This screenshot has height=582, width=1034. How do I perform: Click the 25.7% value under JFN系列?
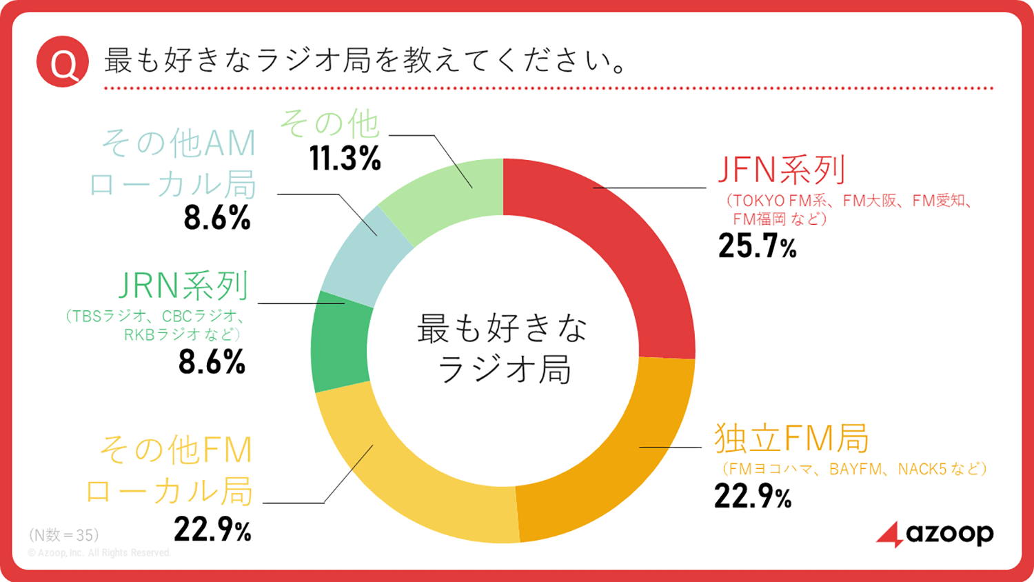pos(757,246)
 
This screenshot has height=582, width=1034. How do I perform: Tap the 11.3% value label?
pos(345,159)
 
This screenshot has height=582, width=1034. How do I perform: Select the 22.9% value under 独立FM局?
pos(753,496)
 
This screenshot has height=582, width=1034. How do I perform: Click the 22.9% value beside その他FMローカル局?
pos(212,530)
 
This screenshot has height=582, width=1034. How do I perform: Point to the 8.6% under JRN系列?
pos(212,363)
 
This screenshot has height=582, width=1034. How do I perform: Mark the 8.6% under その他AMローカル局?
pos(216,219)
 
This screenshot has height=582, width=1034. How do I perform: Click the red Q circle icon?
pos(63,62)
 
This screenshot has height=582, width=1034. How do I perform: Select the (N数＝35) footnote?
pos(64,535)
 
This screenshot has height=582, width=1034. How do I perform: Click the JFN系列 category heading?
pos(781,170)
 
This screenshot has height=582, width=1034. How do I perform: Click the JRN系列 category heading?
pos(183,285)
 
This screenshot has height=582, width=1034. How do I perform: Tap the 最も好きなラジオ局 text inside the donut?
pos(503,348)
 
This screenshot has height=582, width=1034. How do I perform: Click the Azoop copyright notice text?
pos(99,553)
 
